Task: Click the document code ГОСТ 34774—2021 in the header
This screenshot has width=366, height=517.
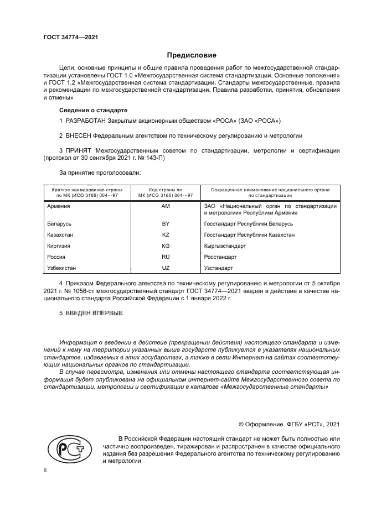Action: point(70,37)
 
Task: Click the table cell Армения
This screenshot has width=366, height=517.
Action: point(59,206)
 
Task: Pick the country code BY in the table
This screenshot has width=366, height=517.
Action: point(165,224)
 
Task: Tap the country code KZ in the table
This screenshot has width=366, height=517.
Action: point(165,235)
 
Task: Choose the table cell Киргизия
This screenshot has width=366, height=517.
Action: point(59,246)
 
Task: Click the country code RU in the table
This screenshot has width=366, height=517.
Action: point(165,257)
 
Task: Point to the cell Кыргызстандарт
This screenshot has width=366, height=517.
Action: point(225,246)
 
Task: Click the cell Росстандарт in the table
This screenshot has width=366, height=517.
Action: point(220,257)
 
